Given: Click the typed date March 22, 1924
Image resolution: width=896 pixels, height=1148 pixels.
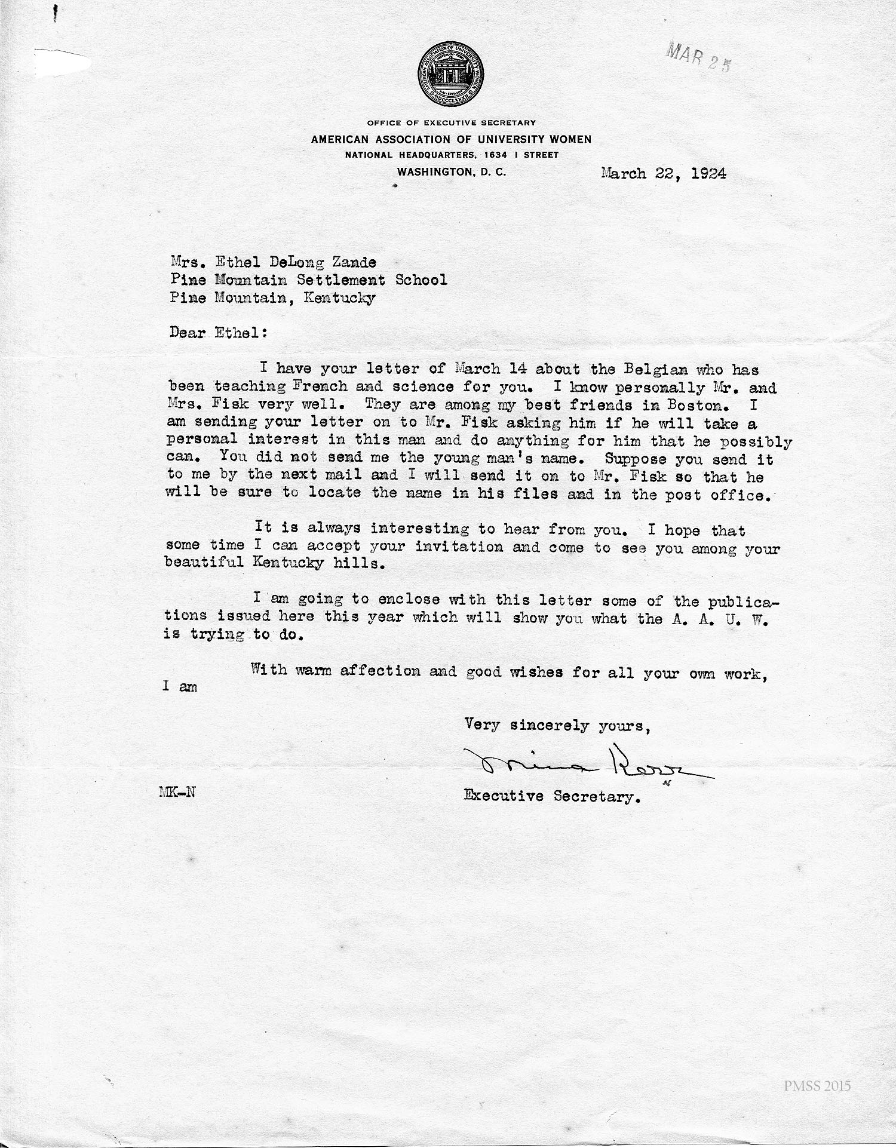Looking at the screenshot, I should (664, 174).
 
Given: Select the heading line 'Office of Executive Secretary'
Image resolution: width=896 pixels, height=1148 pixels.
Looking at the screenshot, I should (451, 122).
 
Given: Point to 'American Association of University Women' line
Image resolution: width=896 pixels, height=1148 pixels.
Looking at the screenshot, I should (451, 139).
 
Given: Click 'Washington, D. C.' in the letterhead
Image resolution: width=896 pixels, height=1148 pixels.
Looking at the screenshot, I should (452, 171).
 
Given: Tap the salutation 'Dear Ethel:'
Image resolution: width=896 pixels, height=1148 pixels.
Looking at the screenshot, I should (218, 333).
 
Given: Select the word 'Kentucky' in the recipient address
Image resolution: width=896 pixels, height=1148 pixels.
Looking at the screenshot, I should (339, 297).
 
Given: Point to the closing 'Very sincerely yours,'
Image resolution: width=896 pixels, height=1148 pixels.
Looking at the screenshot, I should (557, 725).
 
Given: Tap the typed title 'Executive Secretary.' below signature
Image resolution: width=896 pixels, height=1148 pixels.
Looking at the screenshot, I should (553, 796).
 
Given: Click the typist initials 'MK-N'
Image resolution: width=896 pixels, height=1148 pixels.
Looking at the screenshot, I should (177, 793).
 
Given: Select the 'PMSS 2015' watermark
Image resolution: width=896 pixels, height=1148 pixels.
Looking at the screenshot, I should (817, 1085).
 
